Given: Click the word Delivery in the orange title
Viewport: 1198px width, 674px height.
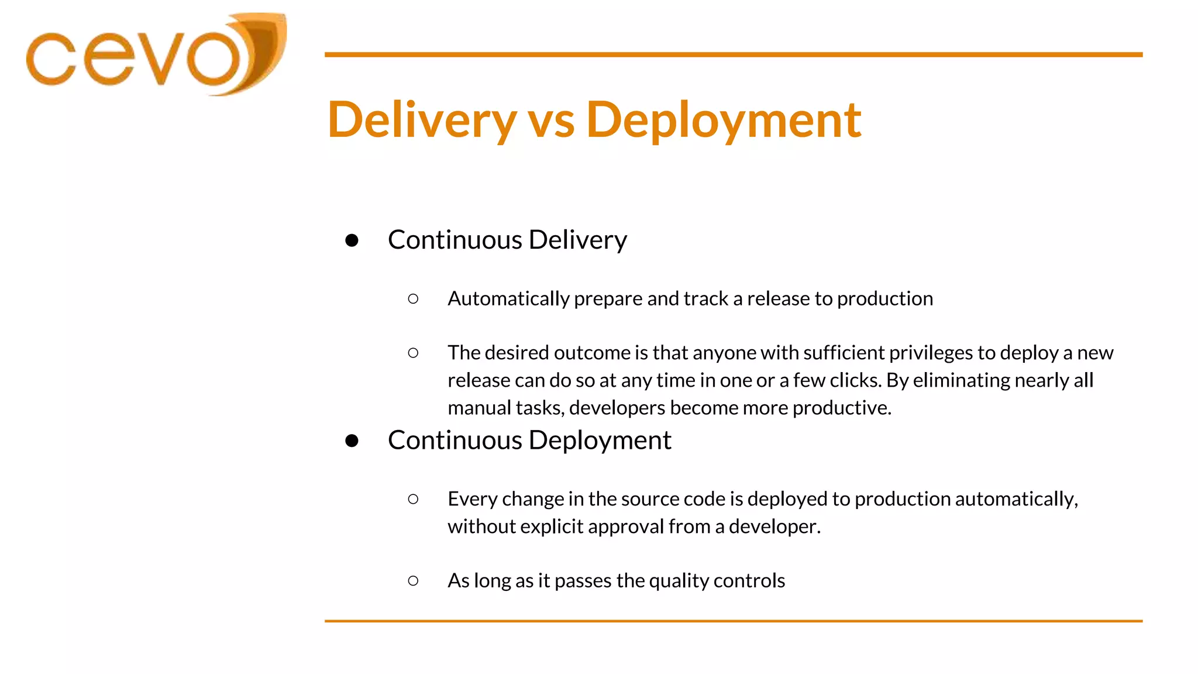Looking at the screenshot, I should coord(422,120).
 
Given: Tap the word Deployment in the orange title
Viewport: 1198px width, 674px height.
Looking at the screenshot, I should coord(724,120).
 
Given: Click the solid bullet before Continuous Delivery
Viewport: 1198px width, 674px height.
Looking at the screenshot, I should coord(352,240).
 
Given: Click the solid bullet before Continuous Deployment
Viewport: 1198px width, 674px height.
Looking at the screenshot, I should coord(352,441).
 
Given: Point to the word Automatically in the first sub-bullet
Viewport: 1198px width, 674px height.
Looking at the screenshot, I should coord(508,299).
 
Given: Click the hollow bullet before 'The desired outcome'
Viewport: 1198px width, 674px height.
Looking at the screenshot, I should coord(413,353).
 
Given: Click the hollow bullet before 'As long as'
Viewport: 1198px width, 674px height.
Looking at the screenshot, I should coord(413,581).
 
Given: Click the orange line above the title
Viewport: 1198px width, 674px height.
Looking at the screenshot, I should coord(733,54).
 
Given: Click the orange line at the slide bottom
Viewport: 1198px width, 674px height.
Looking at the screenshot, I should coord(733,621).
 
